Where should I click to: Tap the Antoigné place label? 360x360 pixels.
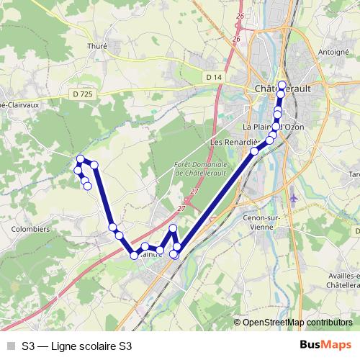(333, 52)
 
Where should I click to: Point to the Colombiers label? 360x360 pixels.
(31, 229)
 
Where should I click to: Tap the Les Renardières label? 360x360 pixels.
(232, 143)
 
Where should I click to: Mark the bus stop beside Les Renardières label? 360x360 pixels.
(255, 151)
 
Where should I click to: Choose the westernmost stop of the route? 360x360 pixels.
(78, 170)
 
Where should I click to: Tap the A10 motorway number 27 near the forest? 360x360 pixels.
(194, 192)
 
